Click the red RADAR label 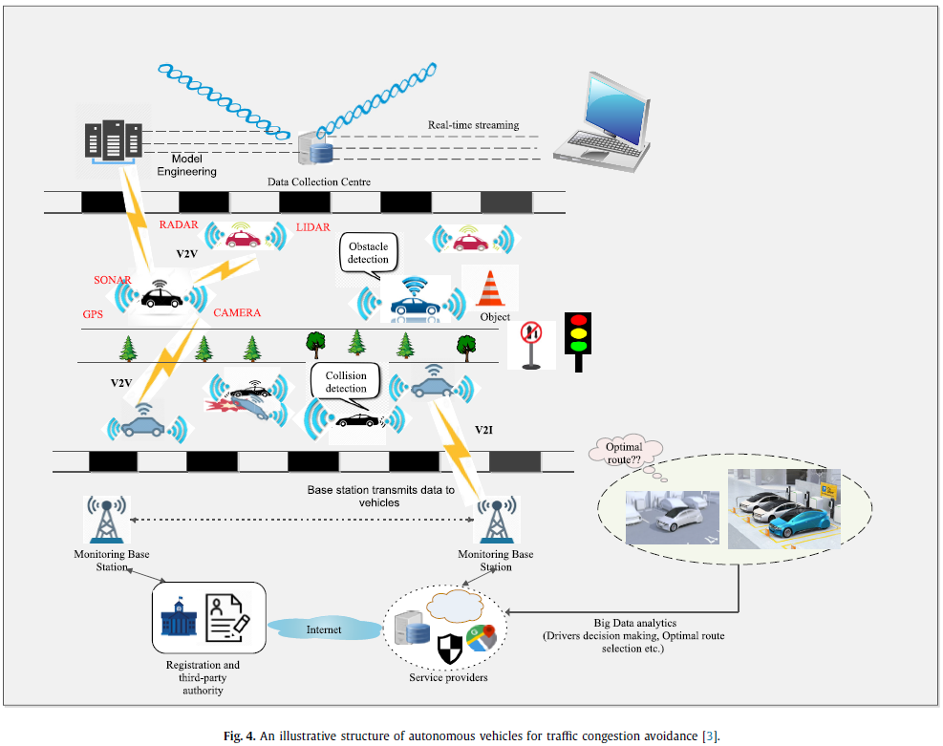tap(179, 225)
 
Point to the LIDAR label tap(313, 225)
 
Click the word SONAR tap(112, 280)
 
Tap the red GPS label tap(94, 313)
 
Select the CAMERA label tap(237, 312)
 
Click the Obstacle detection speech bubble tap(368, 253)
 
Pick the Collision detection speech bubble tap(346, 383)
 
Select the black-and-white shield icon tap(450, 649)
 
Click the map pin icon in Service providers tap(482, 638)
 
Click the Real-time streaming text tap(472, 125)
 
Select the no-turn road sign tap(530, 341)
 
